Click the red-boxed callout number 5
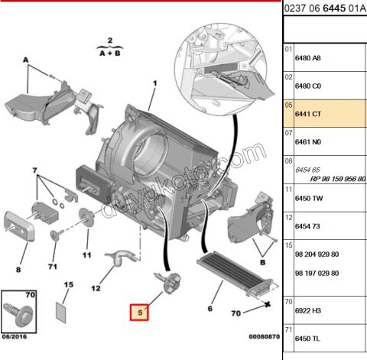coord(140,312)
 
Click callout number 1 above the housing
coord(154,83)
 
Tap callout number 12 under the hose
coord(96,288)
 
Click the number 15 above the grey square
coord(68,284)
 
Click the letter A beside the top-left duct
coord(25,60)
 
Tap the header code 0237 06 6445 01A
coord(324,9)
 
